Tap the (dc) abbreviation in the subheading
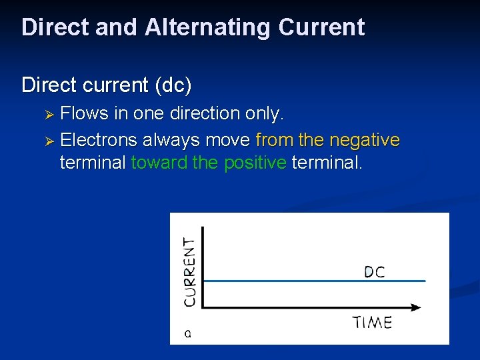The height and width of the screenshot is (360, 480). [x=171, y=85]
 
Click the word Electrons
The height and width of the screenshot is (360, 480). [x=99, y=140]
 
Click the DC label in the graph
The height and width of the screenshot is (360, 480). [x=374, y=272]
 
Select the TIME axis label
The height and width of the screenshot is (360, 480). [x=372, y=323]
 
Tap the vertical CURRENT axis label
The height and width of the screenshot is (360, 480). [x=190, y=272]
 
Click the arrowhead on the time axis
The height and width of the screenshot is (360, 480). [x=416, y=307]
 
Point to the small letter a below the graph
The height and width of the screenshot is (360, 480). [x=187, y=333]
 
